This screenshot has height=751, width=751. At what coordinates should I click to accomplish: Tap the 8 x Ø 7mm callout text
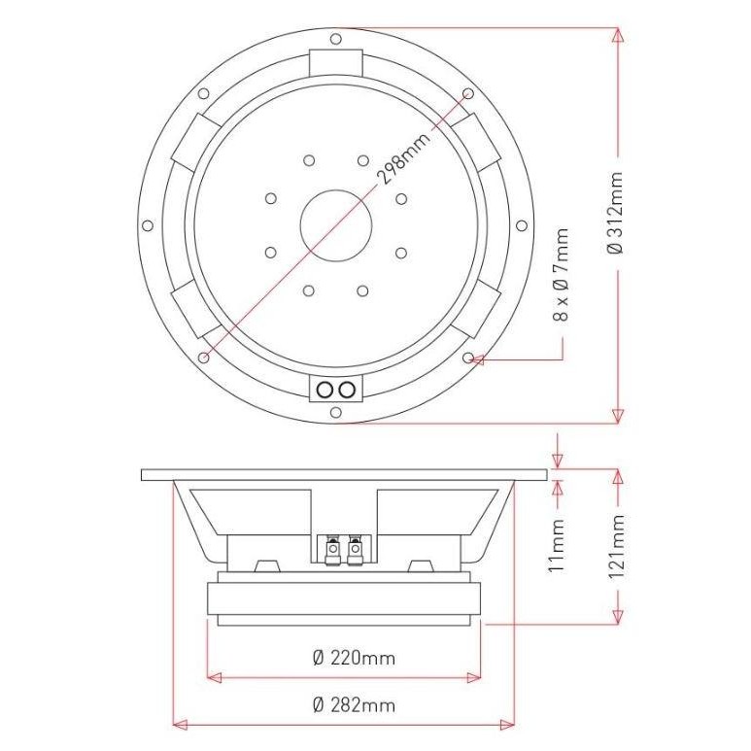pos(563,275)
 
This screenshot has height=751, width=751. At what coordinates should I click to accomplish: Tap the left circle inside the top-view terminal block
pos(325,390)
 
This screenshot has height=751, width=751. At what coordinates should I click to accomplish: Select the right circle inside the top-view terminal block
pos(345,390)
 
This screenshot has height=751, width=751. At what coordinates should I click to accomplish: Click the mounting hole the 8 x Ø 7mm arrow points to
pos(469,358)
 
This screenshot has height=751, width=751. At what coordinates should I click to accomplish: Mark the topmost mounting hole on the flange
pos(335,40)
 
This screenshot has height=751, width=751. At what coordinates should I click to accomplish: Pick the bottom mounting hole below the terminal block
pos(335,412)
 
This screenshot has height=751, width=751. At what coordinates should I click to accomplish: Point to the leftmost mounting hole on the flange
pos(148,225)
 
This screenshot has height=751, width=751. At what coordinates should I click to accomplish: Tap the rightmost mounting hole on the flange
pos(524,225)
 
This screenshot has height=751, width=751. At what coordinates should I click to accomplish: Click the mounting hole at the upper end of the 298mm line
pos(467,93)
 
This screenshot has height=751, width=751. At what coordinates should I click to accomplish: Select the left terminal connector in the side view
pos(331,550)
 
